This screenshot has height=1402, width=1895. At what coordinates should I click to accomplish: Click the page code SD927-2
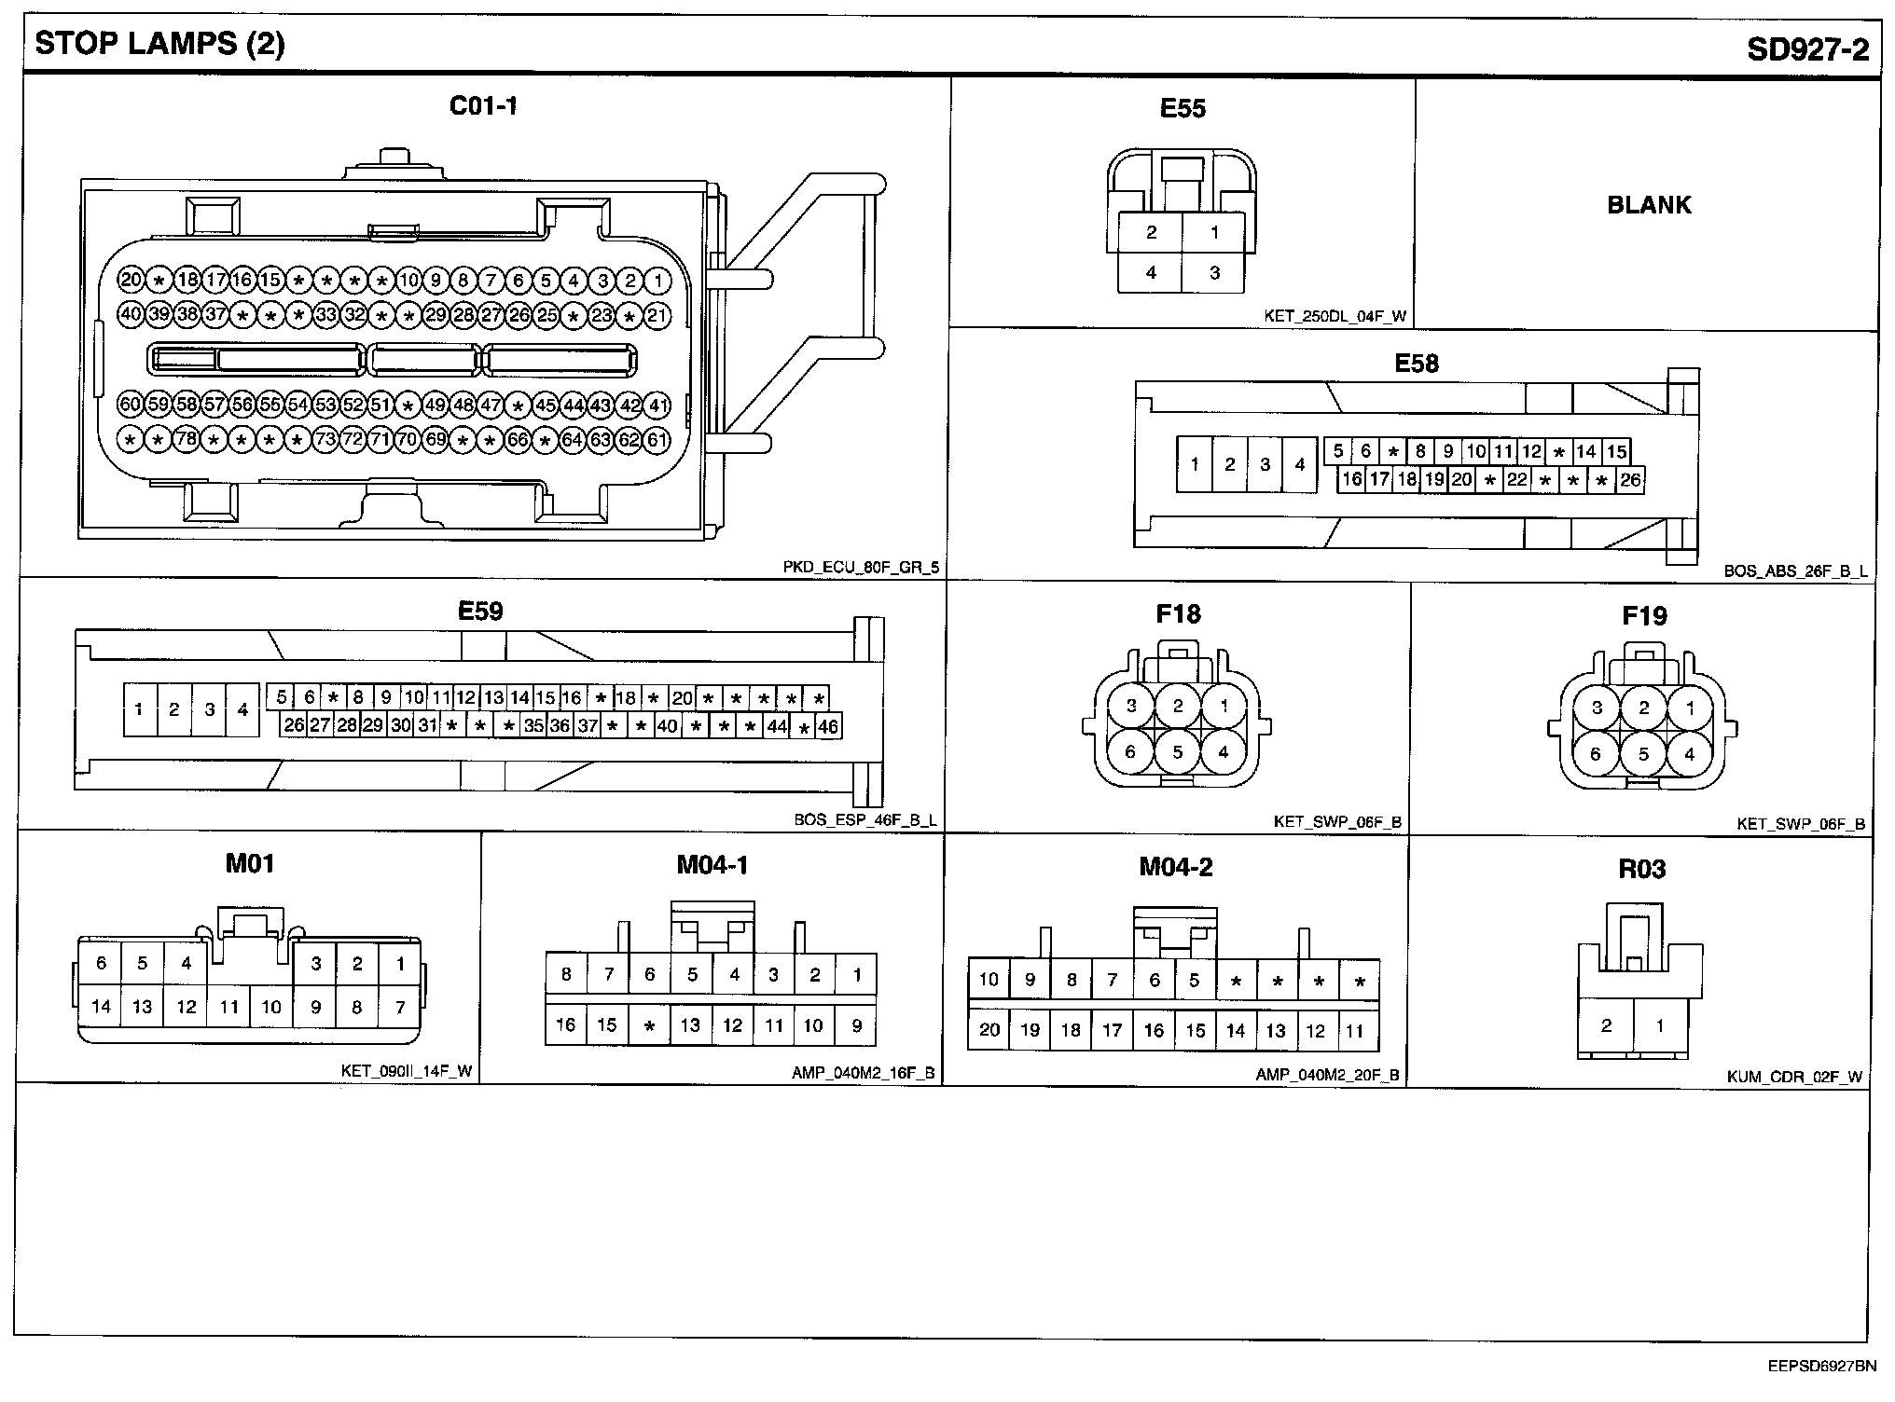click(1807, 48)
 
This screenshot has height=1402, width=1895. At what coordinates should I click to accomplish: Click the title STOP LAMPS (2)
click(159, 44)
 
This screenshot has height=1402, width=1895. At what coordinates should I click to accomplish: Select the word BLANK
click(1648, 205)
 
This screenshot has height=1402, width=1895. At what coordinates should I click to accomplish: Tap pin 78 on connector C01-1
click(187, 439)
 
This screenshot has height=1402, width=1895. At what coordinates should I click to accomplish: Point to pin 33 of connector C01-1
click(325, 315)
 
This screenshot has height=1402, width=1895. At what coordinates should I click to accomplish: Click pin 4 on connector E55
click(1151, 273)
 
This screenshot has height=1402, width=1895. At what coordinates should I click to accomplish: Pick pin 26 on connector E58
click(1629, 480)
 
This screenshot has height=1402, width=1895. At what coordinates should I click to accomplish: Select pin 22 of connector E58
click(1517, 480)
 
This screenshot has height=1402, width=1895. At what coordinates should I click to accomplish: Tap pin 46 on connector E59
click(827, 726)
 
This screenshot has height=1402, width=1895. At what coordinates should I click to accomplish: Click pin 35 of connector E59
click(533, 726)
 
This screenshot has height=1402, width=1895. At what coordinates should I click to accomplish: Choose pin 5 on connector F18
click(1177, 751)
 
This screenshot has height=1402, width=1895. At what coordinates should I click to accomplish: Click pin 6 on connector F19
click(1596, 753)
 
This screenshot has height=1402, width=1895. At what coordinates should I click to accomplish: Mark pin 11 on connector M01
click(228, 1007)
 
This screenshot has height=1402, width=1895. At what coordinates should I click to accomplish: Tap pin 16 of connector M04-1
click(565, 1024)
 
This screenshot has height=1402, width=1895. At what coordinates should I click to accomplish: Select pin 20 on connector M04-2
click(989, 1030)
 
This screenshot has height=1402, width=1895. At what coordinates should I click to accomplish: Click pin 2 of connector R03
click(1606, 1025)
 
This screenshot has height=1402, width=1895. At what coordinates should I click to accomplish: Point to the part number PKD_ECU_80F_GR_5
click(860, 567)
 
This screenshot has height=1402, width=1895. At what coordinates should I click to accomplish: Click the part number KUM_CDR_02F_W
click(1794, 1078)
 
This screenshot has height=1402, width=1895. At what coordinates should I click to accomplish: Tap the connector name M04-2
click(1175, 868)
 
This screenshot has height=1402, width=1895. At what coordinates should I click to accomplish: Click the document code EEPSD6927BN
click(1821, 1368)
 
